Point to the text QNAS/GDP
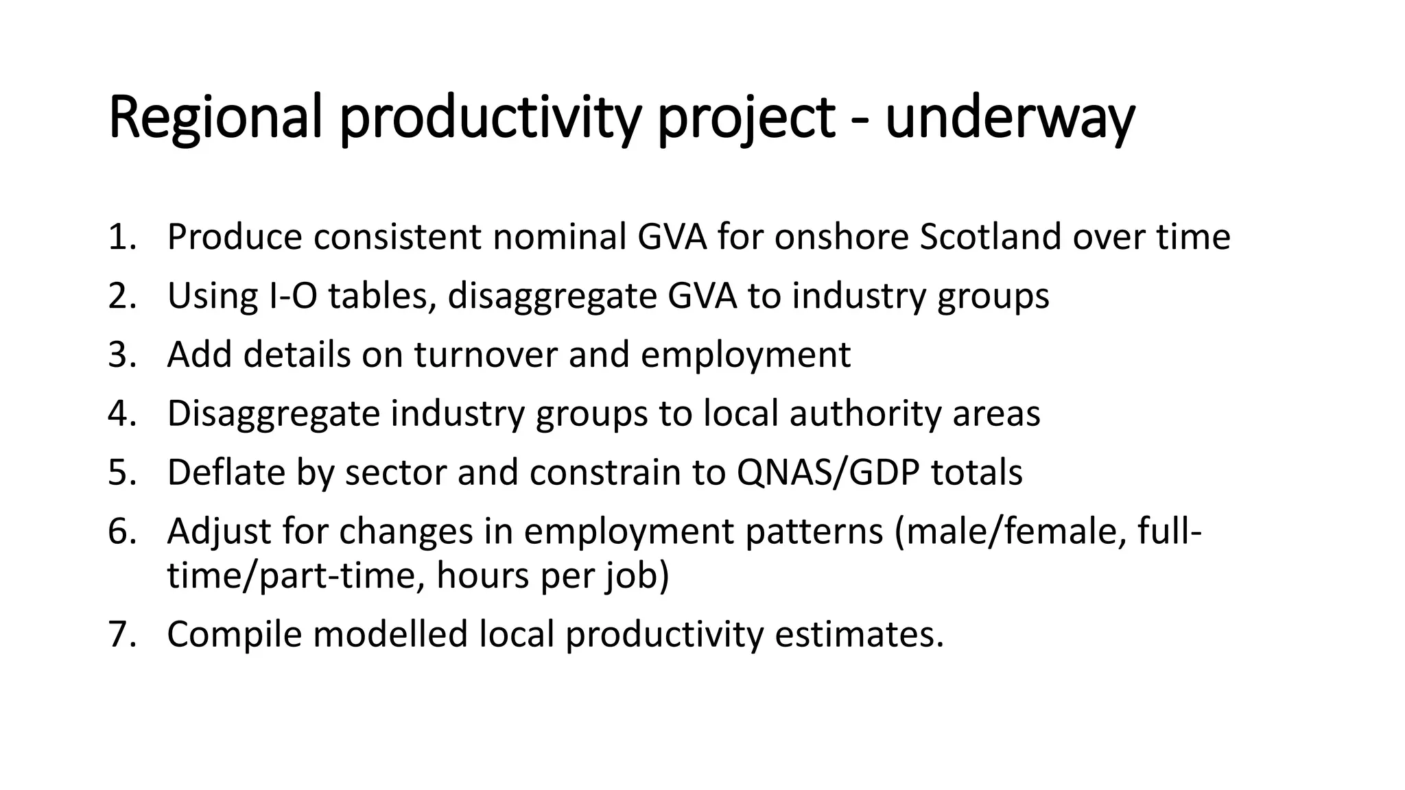click(827, 472)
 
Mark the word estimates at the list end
click(859, 634)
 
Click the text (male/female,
click(1010, 531)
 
